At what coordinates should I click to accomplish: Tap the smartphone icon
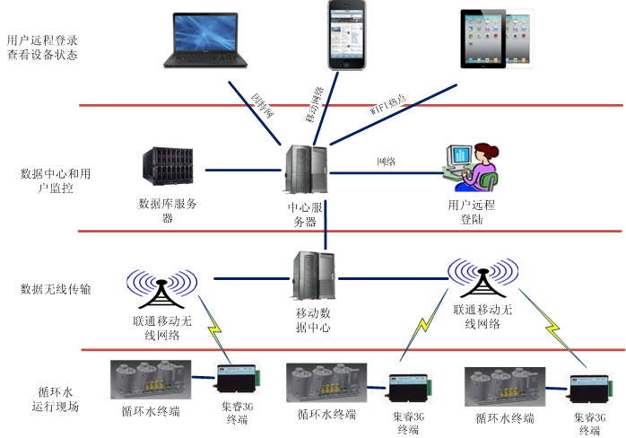[348, 35]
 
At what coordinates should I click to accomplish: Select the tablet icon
[496, 39]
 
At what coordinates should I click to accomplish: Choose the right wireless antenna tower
[482, 279]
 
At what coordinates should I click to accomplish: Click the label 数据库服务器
[168, 210]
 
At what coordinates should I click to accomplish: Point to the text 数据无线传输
[56, 289]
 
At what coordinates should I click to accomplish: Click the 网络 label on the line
[387, 162]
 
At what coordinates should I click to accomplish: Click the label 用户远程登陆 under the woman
[472, 211]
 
